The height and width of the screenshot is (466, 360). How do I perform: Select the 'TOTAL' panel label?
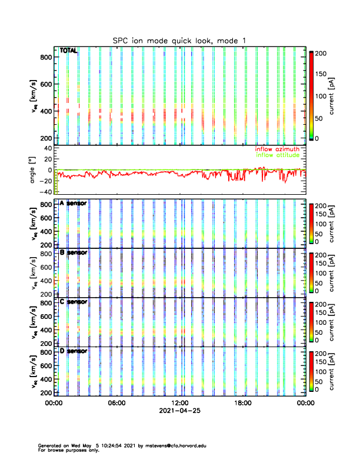[x=68, y=51]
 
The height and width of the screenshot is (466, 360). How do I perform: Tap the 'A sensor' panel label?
[x=74, y=204]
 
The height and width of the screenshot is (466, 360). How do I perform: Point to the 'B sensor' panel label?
[x=74, y=252]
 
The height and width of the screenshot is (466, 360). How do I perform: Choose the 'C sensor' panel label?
[x=74, y=302]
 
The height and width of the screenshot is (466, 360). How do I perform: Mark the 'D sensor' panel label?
[x=74, y=351]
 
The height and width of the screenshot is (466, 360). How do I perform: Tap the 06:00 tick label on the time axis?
[x=117, y=404]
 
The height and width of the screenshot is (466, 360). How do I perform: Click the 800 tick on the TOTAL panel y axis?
[x=46, y=57]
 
